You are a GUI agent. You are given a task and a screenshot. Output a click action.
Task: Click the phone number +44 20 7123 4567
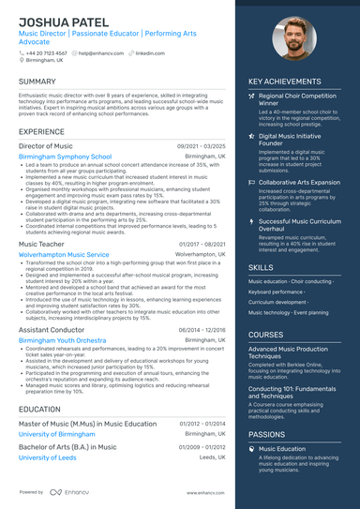(47, 53)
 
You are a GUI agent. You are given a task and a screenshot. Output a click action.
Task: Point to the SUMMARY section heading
(37, 82)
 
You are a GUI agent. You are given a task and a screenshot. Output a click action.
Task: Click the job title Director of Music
(45, 146)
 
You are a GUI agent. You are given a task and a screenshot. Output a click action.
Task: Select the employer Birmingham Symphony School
(65, 157)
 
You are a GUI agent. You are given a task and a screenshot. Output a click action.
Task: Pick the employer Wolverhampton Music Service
(64, 254)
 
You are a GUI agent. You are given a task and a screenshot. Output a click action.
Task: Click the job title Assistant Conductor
(51, 330)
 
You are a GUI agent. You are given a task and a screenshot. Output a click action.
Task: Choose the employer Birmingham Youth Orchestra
(63, 340)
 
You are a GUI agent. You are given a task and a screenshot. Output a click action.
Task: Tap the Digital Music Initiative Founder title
(292, 140)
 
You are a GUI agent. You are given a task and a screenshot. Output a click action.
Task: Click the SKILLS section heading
(262, 267)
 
